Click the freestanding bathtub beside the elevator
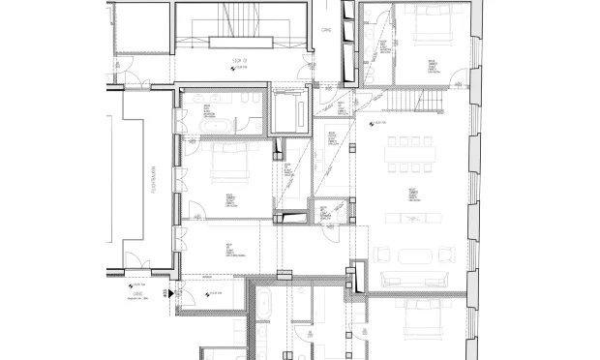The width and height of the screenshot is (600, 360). coord(216,125)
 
